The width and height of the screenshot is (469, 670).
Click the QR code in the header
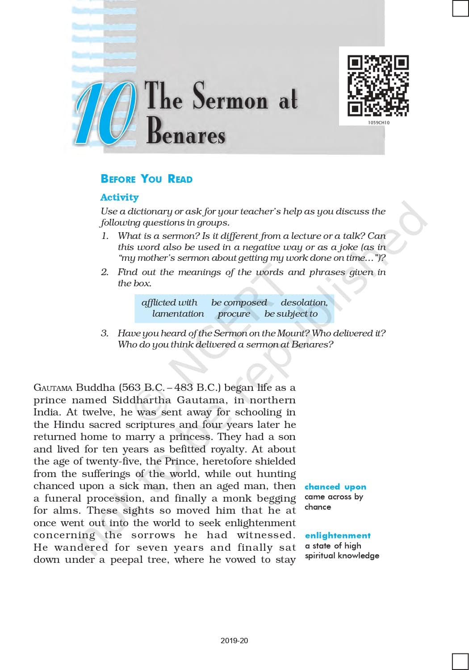(378, 85)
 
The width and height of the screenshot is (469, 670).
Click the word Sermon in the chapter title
(230, 96)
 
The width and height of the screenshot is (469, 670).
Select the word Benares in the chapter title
(186, 131)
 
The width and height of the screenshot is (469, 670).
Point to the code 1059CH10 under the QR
(379, 122)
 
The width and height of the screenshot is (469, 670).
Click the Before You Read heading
(147, 179)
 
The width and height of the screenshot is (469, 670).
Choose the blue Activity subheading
(119, 197)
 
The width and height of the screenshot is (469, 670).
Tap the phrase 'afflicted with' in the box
(169, 302)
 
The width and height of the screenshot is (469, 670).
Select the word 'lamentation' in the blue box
(178, 314)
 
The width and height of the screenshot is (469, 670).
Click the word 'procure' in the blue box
(234, 314)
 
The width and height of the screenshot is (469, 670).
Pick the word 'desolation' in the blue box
(304, 302)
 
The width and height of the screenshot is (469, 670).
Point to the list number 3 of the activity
(105, 333)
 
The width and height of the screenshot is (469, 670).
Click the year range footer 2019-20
(234, 641)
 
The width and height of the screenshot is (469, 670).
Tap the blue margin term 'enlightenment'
(338, 536)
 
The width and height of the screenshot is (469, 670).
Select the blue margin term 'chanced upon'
(335, 487)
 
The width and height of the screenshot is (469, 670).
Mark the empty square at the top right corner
(460, 8)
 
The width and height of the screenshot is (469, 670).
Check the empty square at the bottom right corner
(460, 662)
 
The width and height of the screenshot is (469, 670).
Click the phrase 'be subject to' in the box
(291, 314)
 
